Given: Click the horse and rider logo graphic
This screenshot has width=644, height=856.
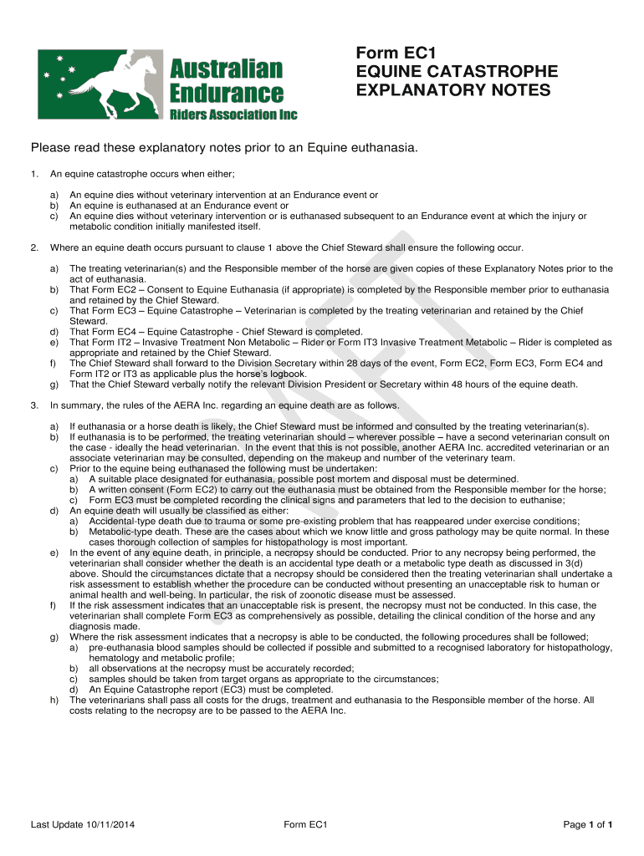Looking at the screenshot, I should (x=100, y=82).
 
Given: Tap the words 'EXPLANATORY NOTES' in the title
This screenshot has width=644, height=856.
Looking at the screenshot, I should (x=453, y=90).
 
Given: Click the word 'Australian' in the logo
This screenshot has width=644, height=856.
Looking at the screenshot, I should (x=226, y=68).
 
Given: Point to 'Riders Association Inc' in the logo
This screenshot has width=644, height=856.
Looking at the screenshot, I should (x=233, y=114).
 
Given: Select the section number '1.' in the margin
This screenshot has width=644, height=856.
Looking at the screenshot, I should (x=34, y=174).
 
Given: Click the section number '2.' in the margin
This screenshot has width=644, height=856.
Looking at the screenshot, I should (x=34, y=247).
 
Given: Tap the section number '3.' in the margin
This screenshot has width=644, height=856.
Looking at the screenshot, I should (x=34, y=405).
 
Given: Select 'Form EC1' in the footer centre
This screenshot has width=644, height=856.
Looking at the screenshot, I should (x=305, y=825).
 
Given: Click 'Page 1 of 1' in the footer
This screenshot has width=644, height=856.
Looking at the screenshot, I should (x=589, y=825).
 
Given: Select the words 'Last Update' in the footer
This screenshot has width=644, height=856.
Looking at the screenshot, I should (x=56, y=825).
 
